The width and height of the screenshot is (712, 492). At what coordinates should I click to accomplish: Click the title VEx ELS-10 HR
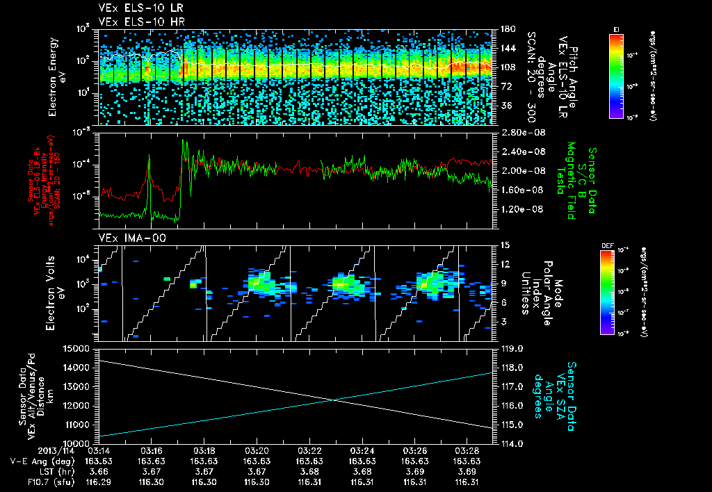click(135, 22)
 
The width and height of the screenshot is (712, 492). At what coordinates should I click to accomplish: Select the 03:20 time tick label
click(257, 450)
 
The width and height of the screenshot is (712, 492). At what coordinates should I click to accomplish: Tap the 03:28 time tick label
click(467, 450)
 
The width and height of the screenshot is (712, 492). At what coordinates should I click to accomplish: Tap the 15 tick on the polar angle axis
click(505, 245)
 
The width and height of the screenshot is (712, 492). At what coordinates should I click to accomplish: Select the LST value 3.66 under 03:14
click(99, 470)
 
